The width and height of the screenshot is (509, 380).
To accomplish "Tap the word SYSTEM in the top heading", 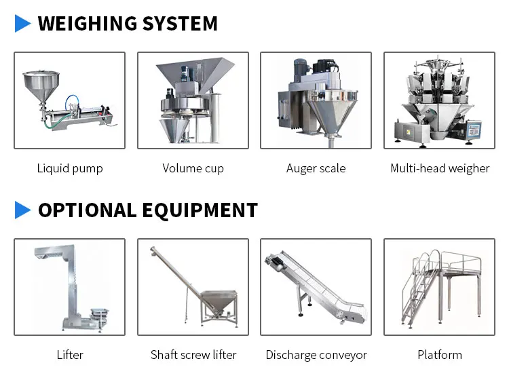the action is click(x=180, y=23).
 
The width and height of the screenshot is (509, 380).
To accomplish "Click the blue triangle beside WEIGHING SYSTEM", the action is click(x=22, y=23).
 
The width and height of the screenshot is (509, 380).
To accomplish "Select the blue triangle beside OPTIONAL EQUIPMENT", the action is click(x=22, y=210).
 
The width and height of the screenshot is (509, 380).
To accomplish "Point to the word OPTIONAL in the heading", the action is click(x=88, y=210).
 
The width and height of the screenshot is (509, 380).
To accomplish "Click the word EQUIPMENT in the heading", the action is click(x=200, y=210).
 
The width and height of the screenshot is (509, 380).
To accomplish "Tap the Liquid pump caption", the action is click(x=70, y=168).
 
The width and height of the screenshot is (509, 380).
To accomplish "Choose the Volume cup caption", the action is click(x=193, y=168).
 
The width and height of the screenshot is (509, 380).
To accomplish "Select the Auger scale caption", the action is click(x=316, y=168).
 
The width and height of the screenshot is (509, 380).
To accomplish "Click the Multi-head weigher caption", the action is click(x=440, y=168).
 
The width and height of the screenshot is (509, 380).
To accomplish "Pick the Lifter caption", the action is click(x=70, y=355).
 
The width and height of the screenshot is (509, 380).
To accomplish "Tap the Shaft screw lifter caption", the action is click(x=193, y=355).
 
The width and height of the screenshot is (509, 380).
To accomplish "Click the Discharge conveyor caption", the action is click(x=316, y=355).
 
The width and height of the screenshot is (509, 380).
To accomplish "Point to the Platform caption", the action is click(x=440, y=355).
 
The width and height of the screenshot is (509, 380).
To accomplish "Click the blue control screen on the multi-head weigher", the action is click(x=473, y=131).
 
